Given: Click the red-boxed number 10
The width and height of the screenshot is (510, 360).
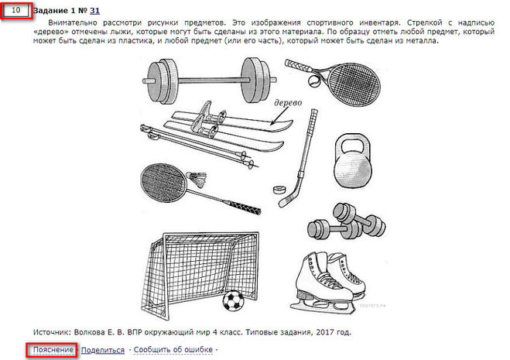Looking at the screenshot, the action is (16, 10).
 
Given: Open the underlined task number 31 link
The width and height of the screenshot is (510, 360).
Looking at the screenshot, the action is (94, 11).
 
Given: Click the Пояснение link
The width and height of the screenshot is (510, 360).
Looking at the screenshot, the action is (53, 350).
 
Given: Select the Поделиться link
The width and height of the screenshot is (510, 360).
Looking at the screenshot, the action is (103, 350).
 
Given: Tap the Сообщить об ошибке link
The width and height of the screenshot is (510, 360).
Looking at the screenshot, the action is (173, 350).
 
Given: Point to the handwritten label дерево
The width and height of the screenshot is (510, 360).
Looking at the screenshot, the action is (288, 102).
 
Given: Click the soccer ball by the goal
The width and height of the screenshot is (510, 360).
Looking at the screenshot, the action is (233, 300).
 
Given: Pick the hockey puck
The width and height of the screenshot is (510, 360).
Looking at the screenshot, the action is (279, 190).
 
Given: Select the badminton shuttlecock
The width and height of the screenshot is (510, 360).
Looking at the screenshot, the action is (197, 180).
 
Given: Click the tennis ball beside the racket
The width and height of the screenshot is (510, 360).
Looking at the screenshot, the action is (314, 82).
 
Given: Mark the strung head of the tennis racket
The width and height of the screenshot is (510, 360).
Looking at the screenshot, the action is (354, 84).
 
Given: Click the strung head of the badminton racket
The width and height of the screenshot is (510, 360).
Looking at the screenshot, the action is (163, 183).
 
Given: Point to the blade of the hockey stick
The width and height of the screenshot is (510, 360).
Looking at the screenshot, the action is (286, 199).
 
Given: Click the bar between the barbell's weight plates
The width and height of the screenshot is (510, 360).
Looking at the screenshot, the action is (210, 80).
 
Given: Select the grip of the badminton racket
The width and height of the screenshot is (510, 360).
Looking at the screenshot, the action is (245, 207).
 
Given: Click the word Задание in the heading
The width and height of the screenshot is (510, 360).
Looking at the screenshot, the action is (51, 11).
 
